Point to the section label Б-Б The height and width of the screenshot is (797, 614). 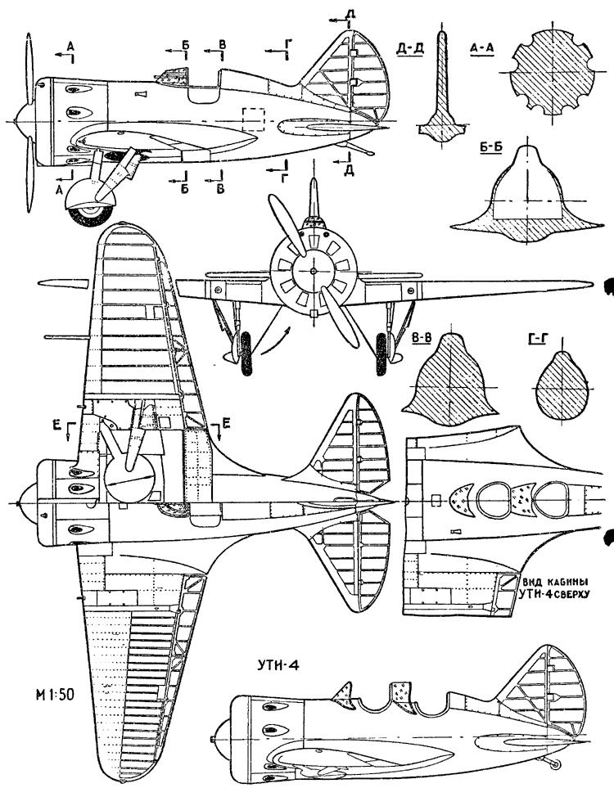coord(488,151)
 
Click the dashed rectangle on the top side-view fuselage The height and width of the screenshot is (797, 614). coord(255,119)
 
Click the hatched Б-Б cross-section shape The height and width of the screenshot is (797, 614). coord(524,196)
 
